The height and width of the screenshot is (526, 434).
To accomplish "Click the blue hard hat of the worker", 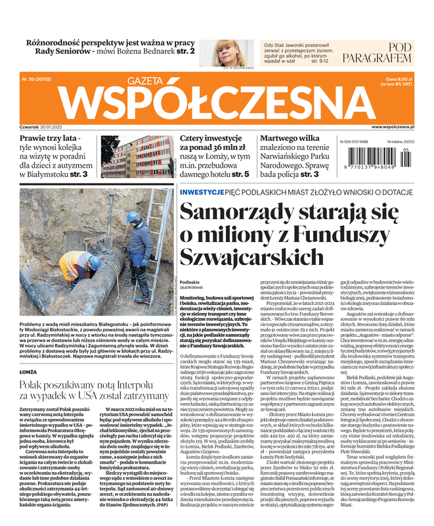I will [133, 217].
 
